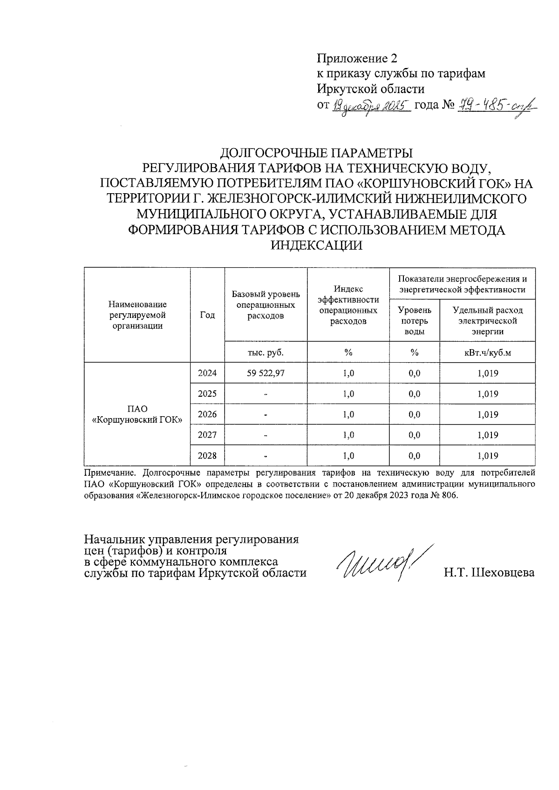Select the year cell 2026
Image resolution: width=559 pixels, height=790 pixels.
(x=207, y=414)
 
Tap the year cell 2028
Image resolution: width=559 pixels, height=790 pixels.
(x=207, y=456)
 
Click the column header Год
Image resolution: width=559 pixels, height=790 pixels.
(x=207, y=315)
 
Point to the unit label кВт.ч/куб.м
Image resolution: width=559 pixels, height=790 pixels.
(x=488, y=352)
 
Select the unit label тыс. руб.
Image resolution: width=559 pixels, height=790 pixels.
(x=266, y=352)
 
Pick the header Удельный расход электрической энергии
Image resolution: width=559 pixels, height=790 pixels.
(x=488, y=321)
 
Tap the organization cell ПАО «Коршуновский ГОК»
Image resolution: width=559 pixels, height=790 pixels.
(x=137, y=414)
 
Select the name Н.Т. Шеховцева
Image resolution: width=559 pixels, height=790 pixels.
(x=489, y=573)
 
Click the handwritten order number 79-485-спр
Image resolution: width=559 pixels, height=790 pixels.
(x=496, y=106)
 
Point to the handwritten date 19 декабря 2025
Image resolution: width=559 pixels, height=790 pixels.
(x=371, y=107)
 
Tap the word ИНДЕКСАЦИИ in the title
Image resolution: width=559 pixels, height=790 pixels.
(x=317, y=245)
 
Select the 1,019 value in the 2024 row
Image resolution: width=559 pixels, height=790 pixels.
(x=488, y=373)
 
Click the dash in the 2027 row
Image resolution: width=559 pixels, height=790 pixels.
(x=266, y=435)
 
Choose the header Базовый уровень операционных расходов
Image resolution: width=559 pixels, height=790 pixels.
(x=266, y=305)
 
